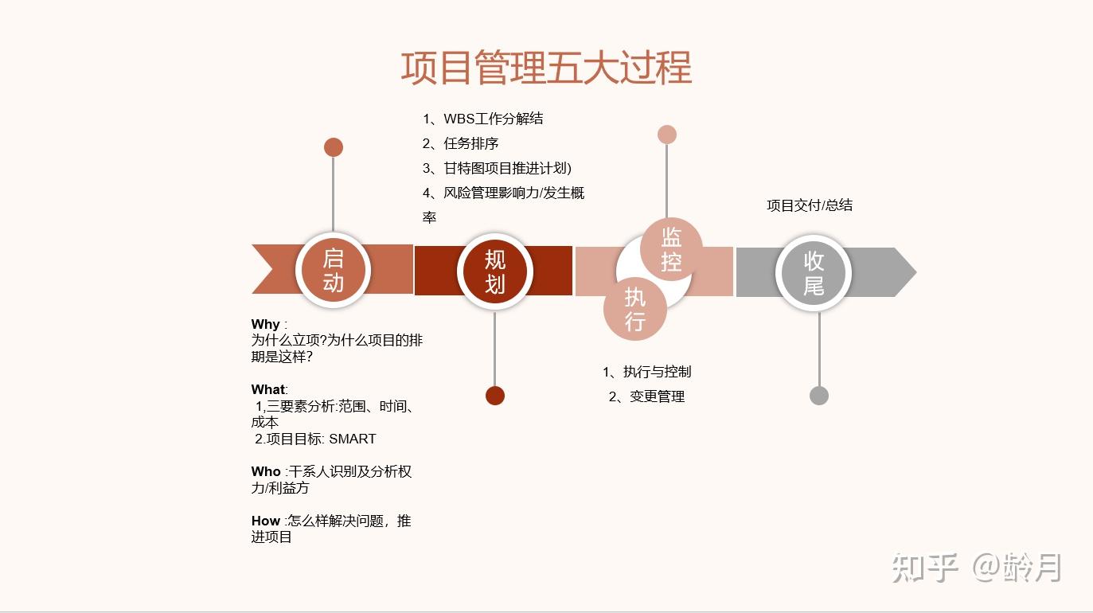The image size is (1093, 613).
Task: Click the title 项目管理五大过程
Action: pos(546,68)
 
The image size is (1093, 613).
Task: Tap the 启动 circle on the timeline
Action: pos(333,271)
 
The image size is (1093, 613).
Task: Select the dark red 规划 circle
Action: pos(494,271)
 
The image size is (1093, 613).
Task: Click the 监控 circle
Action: pos(671,248)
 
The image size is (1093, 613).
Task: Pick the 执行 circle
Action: pos(634,309)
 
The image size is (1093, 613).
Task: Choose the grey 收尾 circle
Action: pos(814,272)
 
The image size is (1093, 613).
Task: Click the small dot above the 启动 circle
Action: pos(334,147)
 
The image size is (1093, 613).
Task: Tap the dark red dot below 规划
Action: pos(495,396)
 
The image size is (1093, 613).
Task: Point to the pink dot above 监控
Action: pos(667,135)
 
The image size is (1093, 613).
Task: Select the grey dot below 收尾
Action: pos(819,396)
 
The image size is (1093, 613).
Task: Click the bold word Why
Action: pos(265,324)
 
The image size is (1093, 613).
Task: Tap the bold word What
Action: pos(268,389)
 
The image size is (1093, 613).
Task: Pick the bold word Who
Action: pos(266,471)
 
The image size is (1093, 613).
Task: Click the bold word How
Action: pos(266,521)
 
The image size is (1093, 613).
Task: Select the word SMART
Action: pos(352,439)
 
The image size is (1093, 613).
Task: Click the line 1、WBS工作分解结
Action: pos(482,119)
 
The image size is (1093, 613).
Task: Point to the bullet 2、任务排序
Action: pos(460,143)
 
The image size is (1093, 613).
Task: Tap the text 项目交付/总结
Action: pos(810,205)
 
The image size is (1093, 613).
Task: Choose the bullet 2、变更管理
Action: pos(646,396)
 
